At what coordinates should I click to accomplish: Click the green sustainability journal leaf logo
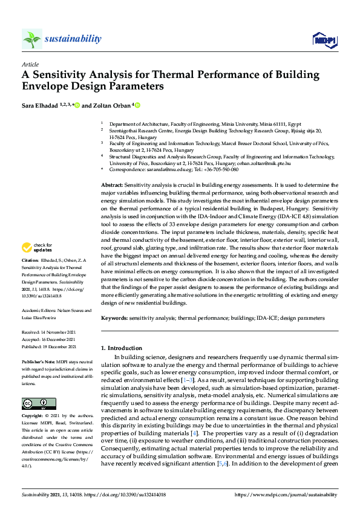[x=31, y=39]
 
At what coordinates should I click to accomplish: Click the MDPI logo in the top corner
[x=324, y=40]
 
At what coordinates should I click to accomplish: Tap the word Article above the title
[x=30, y=64]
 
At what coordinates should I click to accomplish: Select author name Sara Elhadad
[x=41, y=106]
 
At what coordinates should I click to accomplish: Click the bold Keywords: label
[x=114, y=317]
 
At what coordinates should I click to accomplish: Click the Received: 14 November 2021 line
[x=48, y=332]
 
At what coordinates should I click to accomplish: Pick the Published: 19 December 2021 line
[x=48, y=347]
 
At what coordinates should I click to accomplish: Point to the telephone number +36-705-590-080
[x=216, y=170]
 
